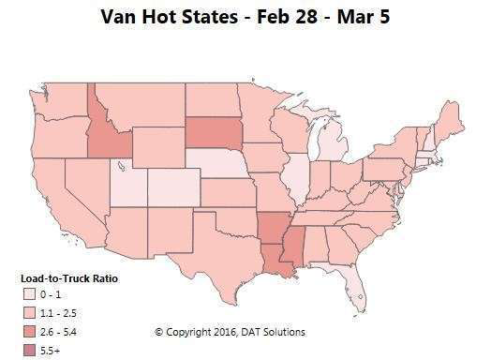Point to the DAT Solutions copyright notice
230,332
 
